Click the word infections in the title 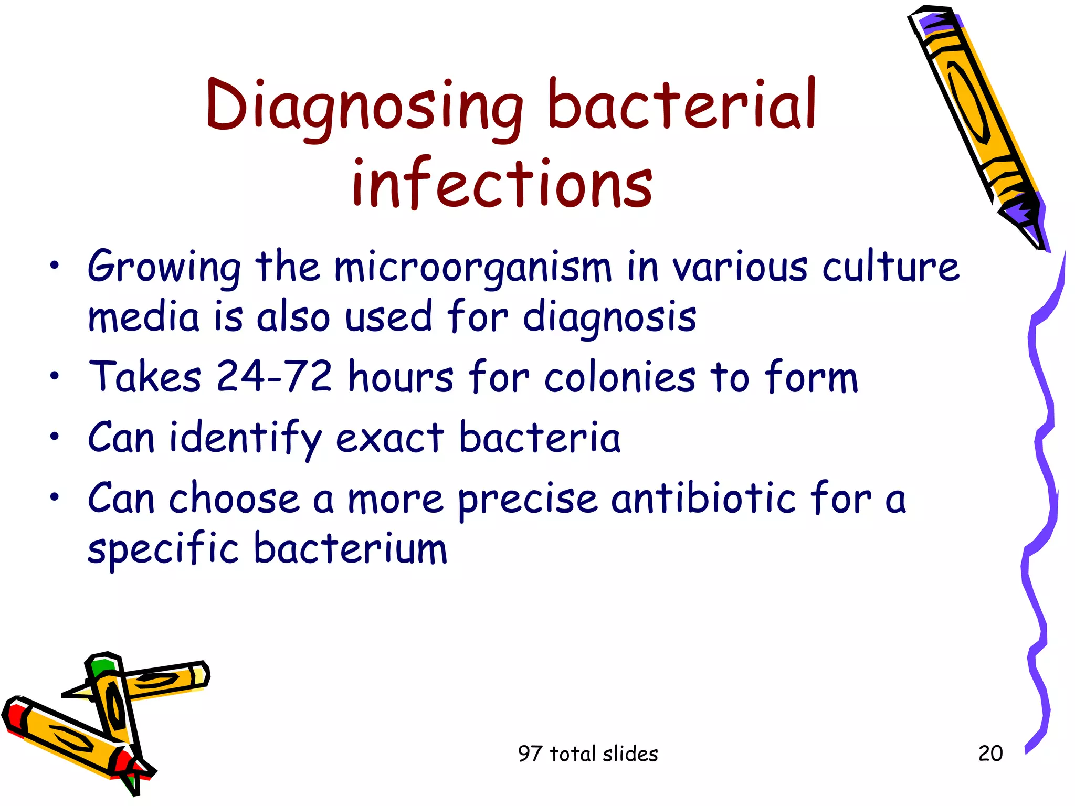502,184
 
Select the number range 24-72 274,376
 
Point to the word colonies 620,378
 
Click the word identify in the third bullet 245,438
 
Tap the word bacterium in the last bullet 350,549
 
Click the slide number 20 990,754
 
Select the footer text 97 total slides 588,754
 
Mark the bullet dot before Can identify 55,436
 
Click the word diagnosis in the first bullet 609,318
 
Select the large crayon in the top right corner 976,126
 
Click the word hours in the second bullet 401,376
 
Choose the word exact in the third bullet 389,438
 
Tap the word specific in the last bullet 163,550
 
